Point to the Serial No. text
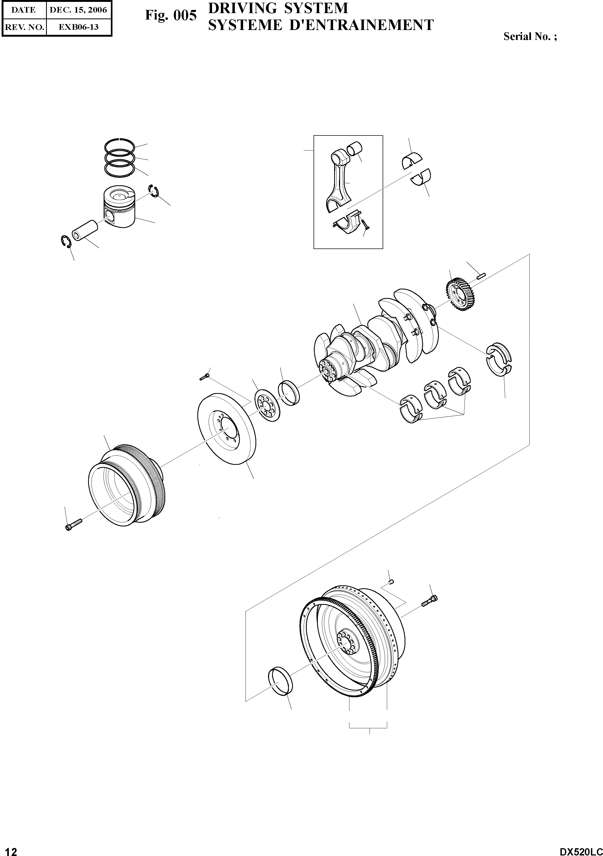point(530,36)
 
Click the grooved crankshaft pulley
point(127,485)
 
